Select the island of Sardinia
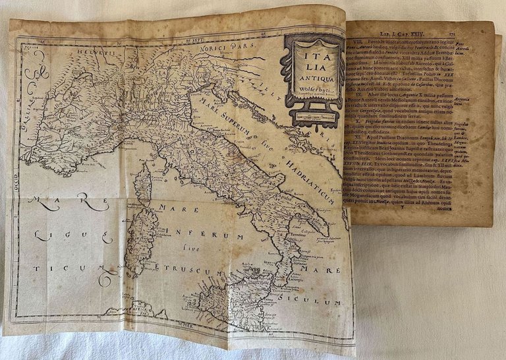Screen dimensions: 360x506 [x=142, y=234]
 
